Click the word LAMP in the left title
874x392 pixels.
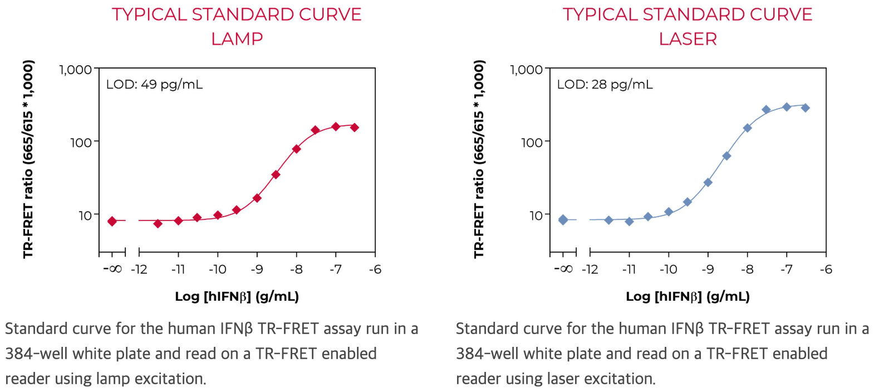pyautogui.click(x=237, y=39)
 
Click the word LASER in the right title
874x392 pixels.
pyautogui.click(x=688, y=39)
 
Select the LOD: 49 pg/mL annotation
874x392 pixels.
pyautogui.click(x=154, y=85)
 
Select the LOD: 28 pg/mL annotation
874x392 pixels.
pyautogui.click(x=605, y=85)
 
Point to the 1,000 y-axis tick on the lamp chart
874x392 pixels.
pyautogui.click(x=75, y=70)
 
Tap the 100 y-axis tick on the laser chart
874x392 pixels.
pyautogui.click(x=532, y=143)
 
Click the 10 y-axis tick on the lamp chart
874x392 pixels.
pyautogui.click(x=85, y=215)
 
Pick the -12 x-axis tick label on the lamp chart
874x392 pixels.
pyautogui.click(x=139, y=269)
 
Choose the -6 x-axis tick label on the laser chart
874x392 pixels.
pyautogui.click(x=826, y=269)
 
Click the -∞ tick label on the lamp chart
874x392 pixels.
pyautogui.click(x=112, y=269)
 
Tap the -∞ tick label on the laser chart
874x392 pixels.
pyautogui.click(x=563, y=269)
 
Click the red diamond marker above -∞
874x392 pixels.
pyautogui.click(x=112, y=221)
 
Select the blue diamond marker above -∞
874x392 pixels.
pyautogui.click(x=563, y=220)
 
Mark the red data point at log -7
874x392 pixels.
pyautogui.click(x=336, y=127)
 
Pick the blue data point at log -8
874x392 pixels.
pyautogui.click(x=747, y=128)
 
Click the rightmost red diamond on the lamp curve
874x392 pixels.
pyautogui.click(x=355, y=128)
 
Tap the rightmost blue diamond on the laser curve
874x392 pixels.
pyautogui.click(x=805, y=108)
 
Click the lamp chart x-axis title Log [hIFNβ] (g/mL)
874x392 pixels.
pyautogui.click(x=237, y=296)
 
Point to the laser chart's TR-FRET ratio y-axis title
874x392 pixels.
pyautogui.click(x=479, y=159)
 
